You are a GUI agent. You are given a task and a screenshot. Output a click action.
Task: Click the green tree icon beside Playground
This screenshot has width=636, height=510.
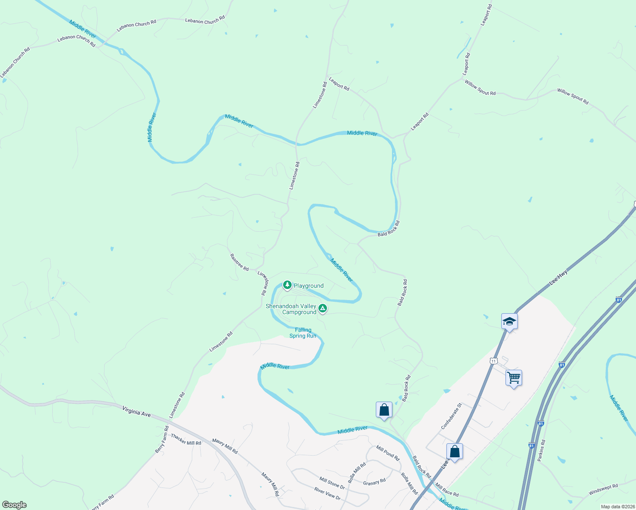(287, 285)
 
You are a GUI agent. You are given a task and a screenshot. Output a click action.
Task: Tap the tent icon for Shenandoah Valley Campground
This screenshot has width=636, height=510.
(323, 309)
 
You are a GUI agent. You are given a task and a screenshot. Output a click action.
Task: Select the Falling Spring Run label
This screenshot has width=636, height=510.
(303, 333)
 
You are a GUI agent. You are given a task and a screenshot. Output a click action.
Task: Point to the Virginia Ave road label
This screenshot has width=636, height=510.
(136, 411)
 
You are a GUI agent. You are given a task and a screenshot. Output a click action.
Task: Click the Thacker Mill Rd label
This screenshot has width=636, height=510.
(186, 439)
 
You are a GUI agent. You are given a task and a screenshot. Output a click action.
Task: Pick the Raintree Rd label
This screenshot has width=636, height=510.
(239, 262)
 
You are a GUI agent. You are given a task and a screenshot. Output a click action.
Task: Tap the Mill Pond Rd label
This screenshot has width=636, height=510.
(388, 453)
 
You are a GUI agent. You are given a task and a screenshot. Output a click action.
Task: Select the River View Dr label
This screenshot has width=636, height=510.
(327, 494)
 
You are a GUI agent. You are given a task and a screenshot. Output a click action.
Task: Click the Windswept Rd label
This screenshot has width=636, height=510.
(603, 490)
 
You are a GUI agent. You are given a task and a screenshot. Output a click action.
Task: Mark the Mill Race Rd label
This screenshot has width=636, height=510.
(447, 491)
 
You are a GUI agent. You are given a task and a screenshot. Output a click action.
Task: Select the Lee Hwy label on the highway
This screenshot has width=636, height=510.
(558, 278)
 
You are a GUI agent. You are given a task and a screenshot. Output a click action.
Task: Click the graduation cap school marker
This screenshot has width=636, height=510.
(509, 321)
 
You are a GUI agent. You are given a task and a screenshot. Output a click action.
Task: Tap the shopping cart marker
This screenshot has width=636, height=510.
(514, 377)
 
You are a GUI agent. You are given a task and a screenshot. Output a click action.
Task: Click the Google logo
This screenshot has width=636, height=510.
(14, 505)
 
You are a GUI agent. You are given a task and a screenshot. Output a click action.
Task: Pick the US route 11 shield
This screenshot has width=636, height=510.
(493, 361)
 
